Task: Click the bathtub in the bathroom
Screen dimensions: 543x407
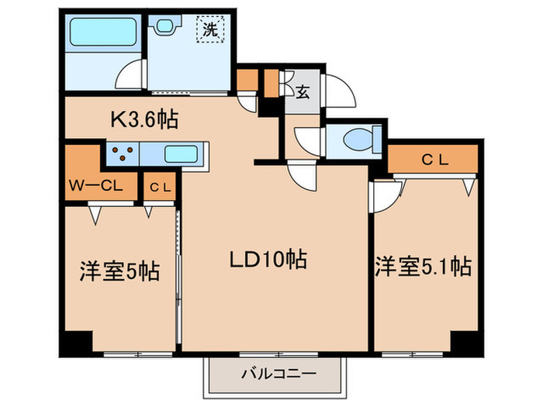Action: [102, 32]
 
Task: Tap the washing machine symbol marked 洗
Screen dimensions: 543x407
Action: [210, 29]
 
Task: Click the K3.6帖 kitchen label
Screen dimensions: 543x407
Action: [144, 119]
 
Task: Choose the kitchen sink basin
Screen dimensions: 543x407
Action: [181, 153]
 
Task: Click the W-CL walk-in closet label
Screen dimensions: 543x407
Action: [96, 186]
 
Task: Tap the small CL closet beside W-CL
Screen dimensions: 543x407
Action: [160, 187]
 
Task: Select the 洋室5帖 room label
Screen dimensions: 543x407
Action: [119, 271]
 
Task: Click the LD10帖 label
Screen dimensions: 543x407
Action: [268, 259]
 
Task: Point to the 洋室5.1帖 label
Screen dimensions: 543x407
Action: [424, 267]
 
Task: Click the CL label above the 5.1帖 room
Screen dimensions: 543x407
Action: [435, 160]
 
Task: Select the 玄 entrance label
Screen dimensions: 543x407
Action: [303, 92]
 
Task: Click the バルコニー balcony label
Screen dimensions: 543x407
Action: [278, 374]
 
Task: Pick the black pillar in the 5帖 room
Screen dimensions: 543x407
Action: [77, 343]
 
